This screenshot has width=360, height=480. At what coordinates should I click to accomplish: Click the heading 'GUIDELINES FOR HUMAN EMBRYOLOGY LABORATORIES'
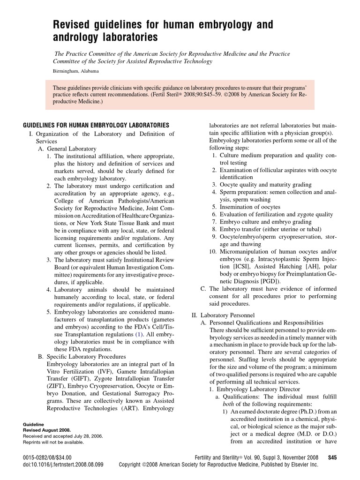click(x=96, y=125)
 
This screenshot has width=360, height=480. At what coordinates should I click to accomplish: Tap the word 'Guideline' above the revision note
click(x=33, y=424)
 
